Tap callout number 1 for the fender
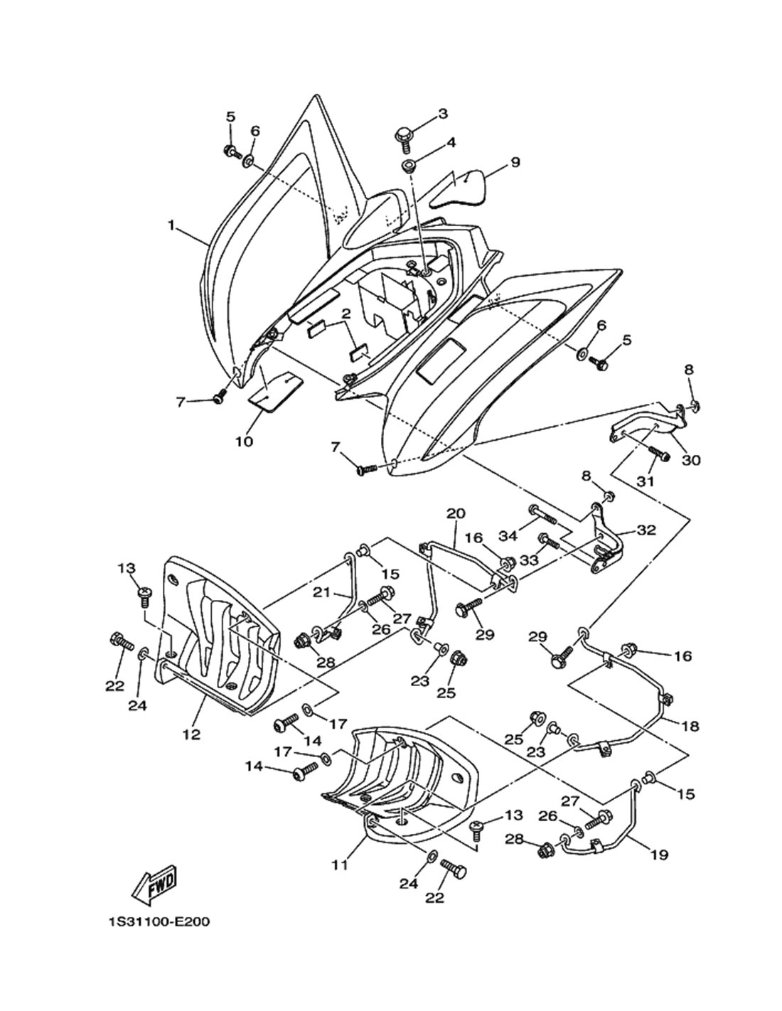click(171, 225)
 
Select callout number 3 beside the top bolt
click(443, 114)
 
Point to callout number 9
click(514, 162)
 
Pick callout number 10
click(243, 442)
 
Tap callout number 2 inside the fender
click(346, 314)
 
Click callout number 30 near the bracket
click(690, 460)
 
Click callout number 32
click(646, 530)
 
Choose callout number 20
click(455, 513)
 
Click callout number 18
click(689, 726)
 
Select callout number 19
click(658, 855)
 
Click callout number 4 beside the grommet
click(451, 143)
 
